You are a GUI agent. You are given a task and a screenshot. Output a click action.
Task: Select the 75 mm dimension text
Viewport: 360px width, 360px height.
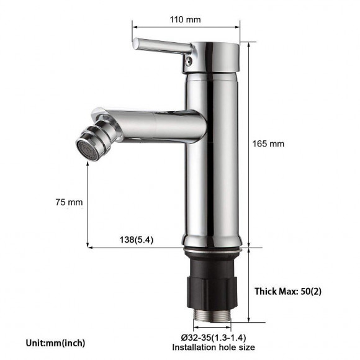click(70, 202)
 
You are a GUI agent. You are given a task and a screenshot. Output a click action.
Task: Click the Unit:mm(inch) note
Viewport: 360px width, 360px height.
click(56, 343)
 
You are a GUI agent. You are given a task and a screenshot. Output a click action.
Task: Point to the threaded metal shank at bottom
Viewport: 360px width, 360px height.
click(212, 317)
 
